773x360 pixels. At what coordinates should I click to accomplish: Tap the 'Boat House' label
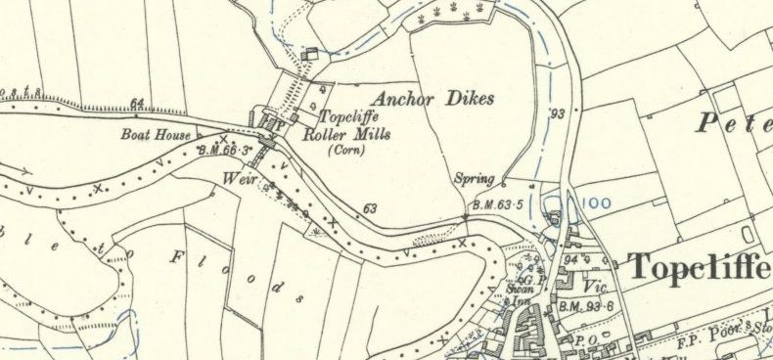coord(157,136)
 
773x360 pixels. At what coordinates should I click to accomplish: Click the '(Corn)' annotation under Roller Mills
coord(345,152)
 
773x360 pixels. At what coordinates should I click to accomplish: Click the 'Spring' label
coord(475,179)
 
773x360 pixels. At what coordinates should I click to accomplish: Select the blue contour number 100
coord(596,203)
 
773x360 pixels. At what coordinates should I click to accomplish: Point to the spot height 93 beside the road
coord(558,113)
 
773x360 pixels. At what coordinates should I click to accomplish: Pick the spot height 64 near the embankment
coord(136,103)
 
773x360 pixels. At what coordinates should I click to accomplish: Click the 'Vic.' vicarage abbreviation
coord(596,289)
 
